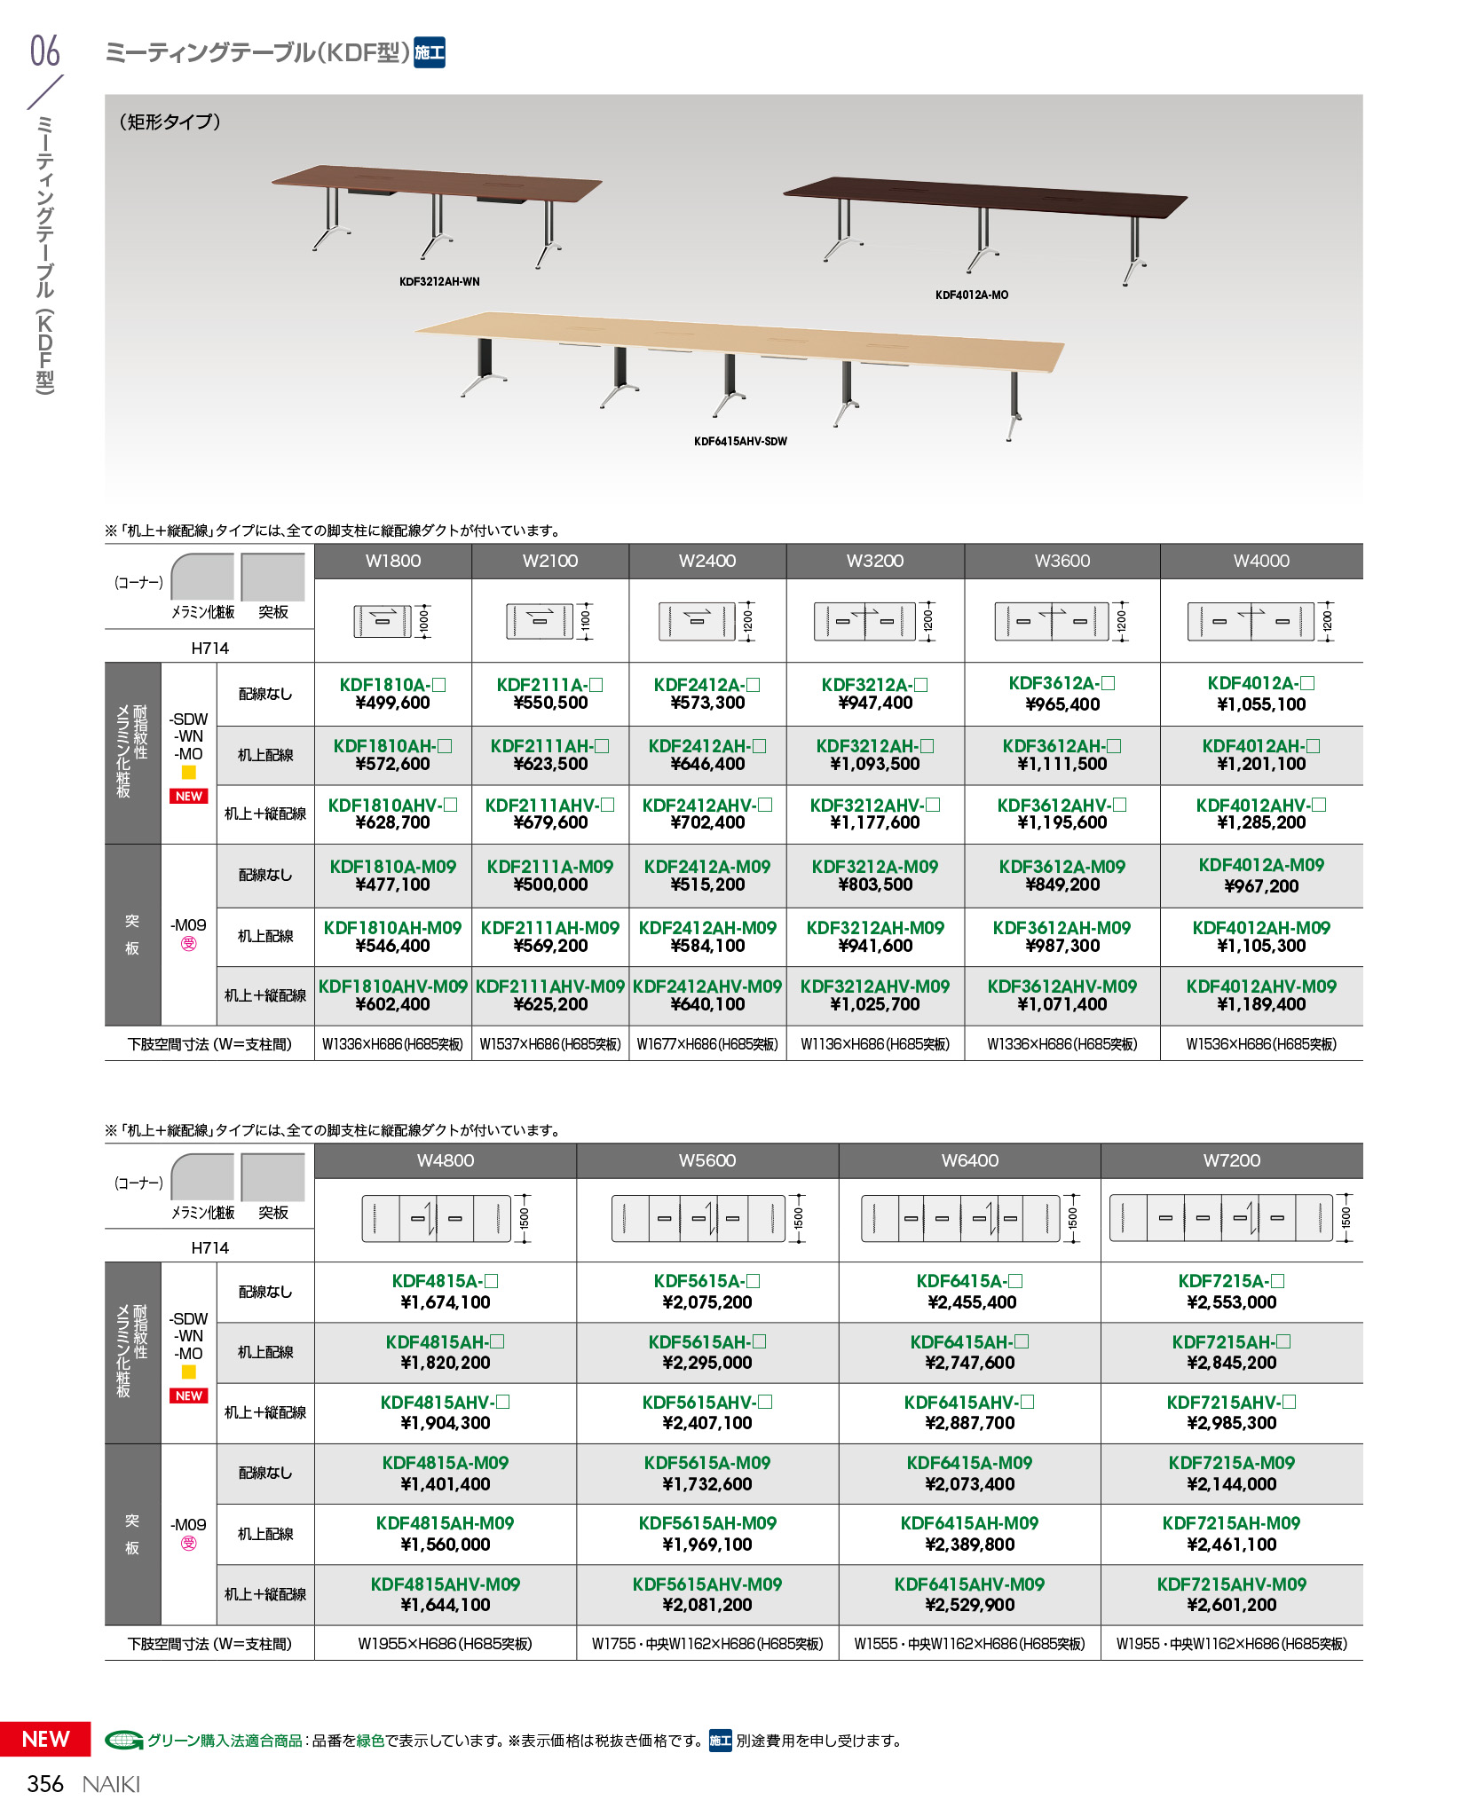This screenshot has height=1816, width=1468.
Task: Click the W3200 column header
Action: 874,561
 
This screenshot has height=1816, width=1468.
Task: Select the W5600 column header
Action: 706,1160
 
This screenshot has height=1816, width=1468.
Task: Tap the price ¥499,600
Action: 392,704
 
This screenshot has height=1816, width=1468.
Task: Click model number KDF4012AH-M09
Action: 1260,928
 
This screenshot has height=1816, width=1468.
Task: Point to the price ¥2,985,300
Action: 1231,1423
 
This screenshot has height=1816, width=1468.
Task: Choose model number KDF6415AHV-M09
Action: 969,1584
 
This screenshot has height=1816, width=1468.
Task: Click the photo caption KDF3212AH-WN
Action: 439,282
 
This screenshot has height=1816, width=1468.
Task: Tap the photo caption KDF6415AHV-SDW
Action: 740,442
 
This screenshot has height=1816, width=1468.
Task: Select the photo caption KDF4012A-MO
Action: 971,295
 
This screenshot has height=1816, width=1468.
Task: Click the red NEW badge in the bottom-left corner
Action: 45,1739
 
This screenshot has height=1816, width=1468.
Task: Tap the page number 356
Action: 45,1784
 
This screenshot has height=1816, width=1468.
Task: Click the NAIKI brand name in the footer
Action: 111,1784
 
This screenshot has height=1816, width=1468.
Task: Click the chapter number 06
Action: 44,51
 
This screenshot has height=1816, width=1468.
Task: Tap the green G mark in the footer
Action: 123,1741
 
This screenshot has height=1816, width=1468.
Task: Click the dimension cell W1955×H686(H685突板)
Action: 445,1644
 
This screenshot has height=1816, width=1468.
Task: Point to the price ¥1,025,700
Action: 874,1005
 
